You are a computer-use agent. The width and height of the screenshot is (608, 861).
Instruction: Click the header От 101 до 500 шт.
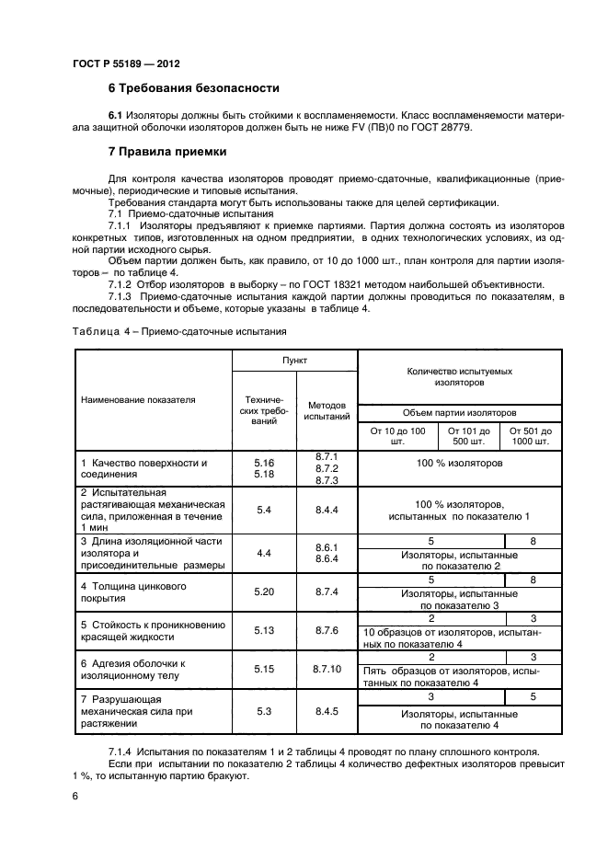(469, 435)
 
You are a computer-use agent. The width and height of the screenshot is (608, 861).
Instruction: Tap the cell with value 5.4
(264, 509)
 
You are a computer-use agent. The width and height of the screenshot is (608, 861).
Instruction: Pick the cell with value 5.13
(264, 630)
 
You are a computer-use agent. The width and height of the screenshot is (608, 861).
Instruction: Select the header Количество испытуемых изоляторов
(459, 375)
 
